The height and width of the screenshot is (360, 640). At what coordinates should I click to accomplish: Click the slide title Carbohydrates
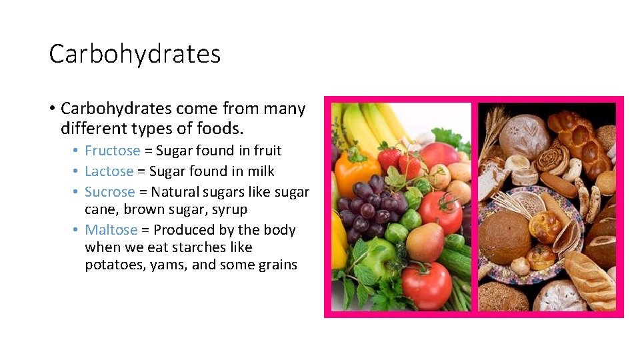[x=135, y=54]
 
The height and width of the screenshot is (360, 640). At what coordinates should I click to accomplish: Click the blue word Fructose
[x=112, y=151]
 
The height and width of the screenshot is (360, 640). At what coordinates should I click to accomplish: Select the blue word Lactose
[x=109, y=171]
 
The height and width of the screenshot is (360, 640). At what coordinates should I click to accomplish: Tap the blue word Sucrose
[x=109, y=192]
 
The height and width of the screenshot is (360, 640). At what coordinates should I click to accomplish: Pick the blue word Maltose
[x=111, y=230]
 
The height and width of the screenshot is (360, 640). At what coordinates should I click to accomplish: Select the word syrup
[x=229, y=209]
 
